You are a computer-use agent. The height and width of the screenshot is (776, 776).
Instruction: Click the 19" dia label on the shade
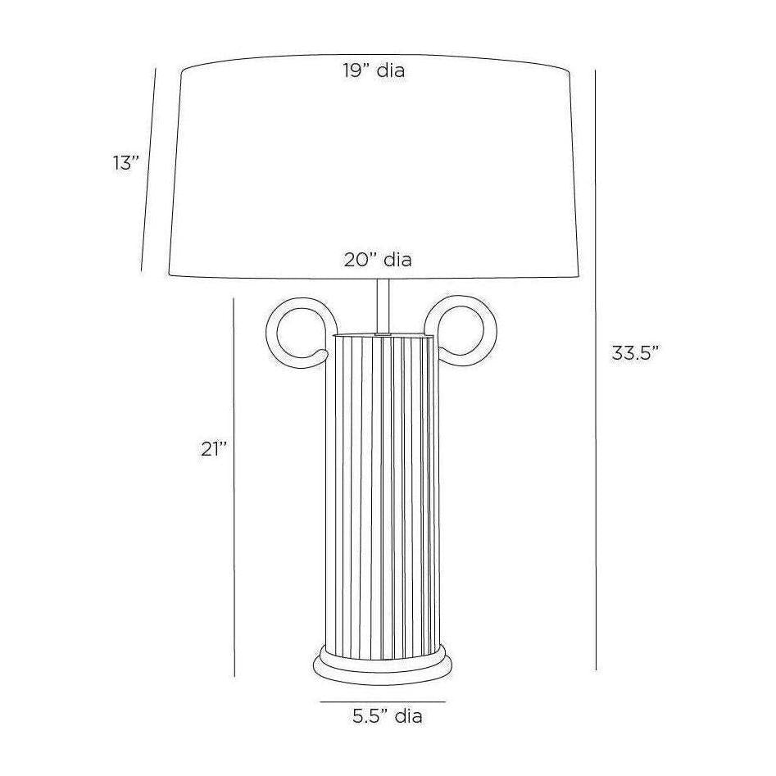tap(374, 70)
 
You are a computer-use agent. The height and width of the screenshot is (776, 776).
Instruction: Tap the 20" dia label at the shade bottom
tap(378, 260)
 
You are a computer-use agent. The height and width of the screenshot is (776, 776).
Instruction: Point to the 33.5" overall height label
tap(636, 353)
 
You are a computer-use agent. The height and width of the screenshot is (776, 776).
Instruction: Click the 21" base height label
tap(215, 449)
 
